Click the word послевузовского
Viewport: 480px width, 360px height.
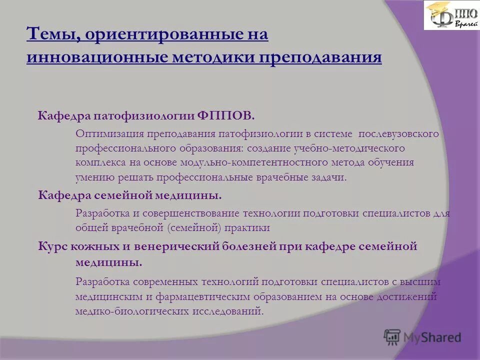coord(398,134)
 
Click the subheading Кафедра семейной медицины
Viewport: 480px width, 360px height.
coord(130,194)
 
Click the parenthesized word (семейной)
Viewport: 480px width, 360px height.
coord(192,228)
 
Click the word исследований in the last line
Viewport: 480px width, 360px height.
coord(227,311)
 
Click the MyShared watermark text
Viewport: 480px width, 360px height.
coord(432,337)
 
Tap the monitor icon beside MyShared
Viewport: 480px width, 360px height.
coord(392,337)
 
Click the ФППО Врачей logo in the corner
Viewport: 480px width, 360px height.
coord(451,15)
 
